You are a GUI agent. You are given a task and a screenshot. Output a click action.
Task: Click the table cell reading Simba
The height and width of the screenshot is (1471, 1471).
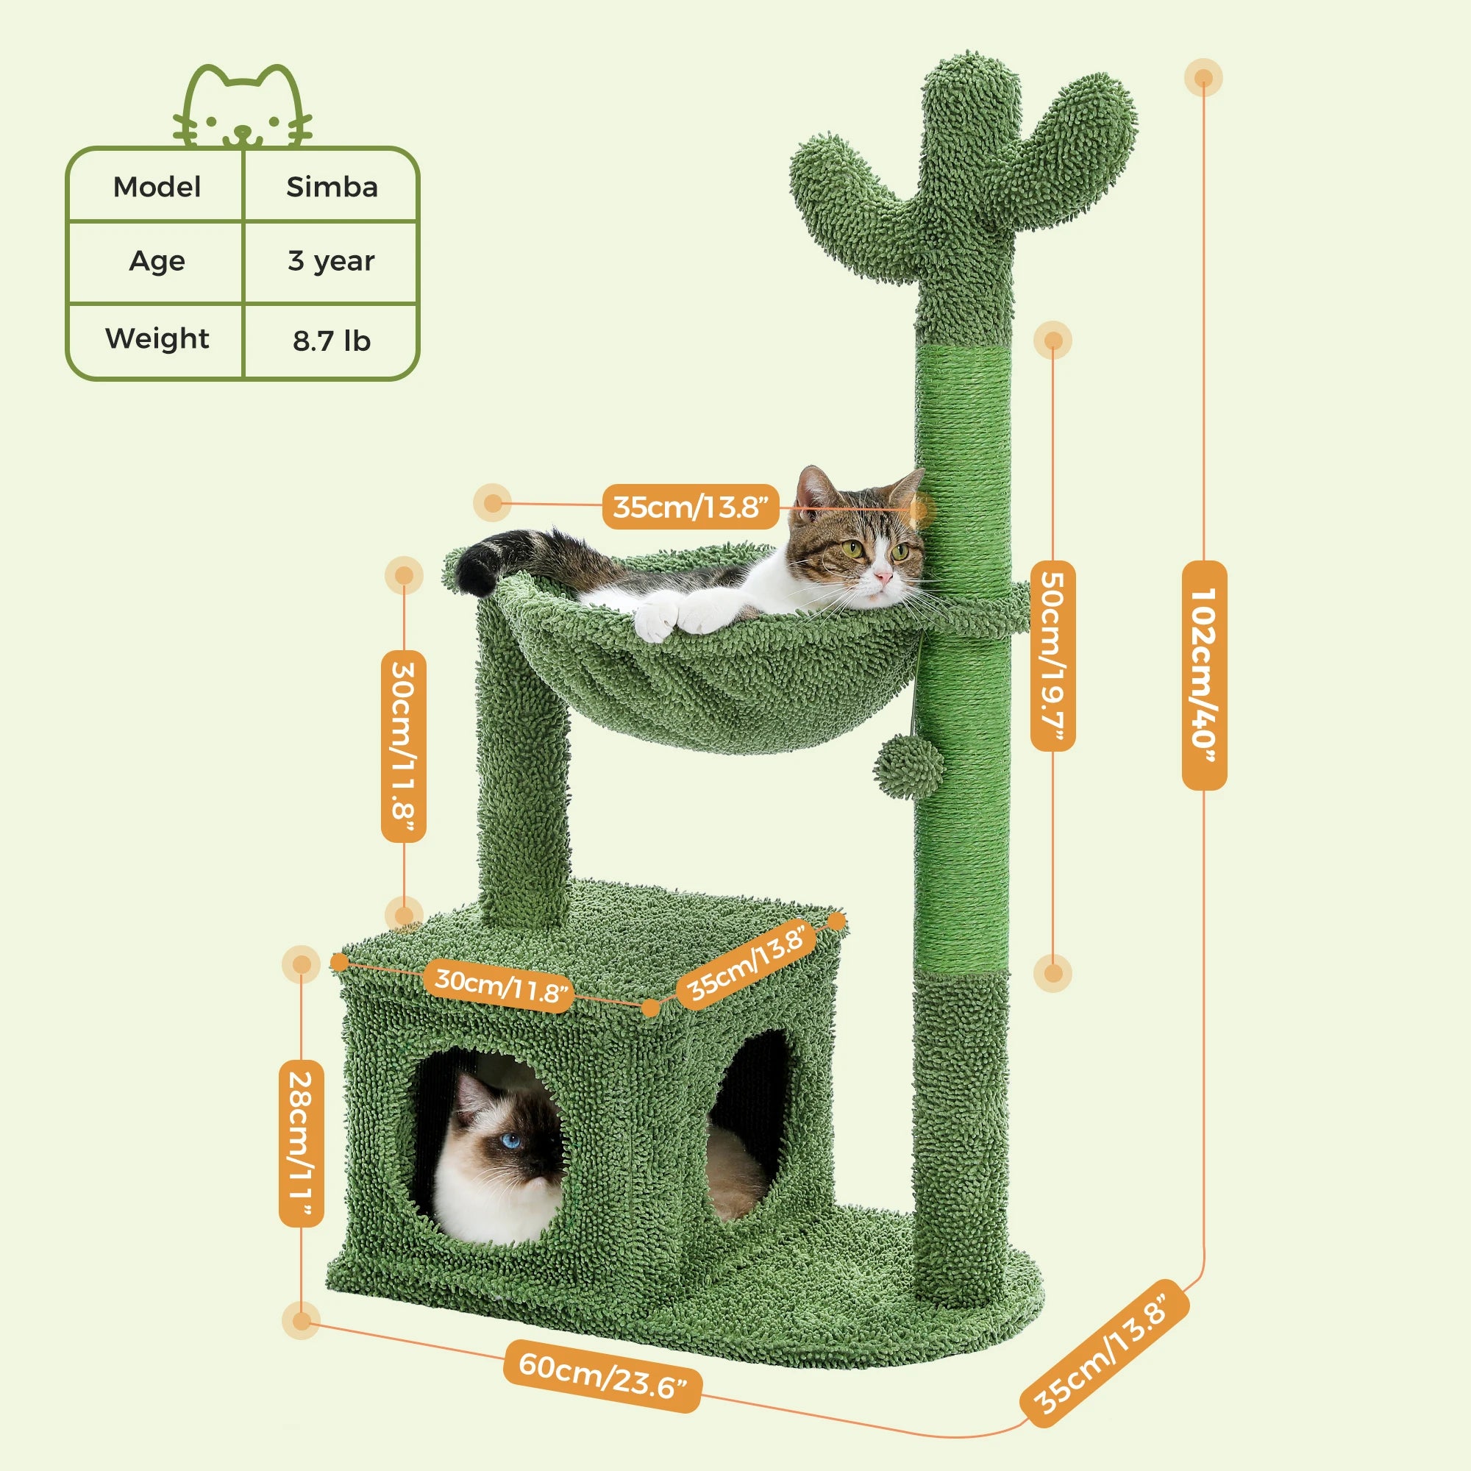tap(331, 188)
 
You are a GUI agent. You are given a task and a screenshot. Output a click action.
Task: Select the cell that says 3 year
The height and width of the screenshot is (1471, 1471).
tap(331, 261)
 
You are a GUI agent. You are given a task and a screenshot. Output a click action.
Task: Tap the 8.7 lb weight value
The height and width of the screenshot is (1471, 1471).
tap(331, 341)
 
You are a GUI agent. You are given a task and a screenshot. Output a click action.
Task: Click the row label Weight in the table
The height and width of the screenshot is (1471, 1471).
tap(157, 338)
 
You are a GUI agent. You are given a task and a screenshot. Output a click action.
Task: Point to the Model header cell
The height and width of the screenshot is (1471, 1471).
tap(157, 188)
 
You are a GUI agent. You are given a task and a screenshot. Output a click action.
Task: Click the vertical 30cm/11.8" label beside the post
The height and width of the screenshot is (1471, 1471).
tap(404, 746)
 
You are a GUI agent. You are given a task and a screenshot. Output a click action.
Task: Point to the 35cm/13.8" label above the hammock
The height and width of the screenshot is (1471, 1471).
tap(691, 506)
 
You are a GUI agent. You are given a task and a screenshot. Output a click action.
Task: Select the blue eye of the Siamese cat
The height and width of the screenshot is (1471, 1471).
tap(511, 1140)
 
